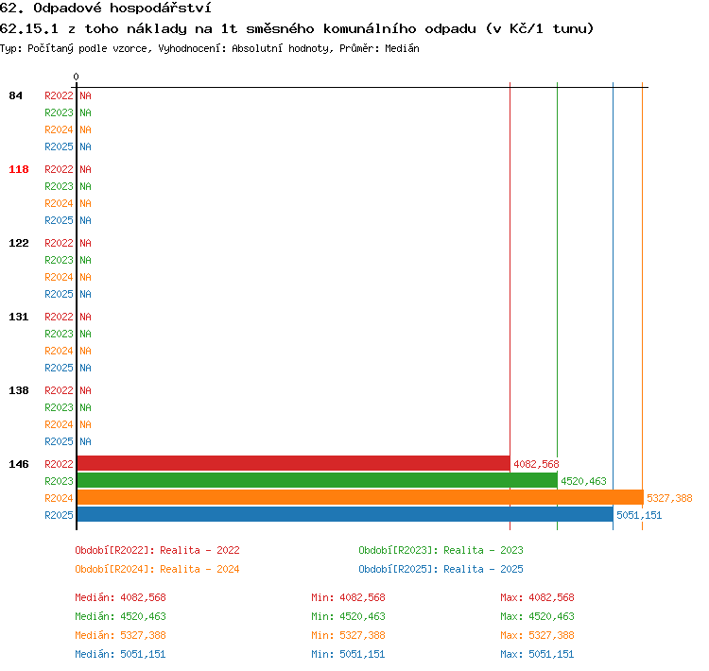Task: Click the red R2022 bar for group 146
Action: tap(293, 463)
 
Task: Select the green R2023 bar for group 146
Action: tap(317, 481)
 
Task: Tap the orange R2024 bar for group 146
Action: tap(360, 497)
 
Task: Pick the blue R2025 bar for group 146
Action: tap(345, 514)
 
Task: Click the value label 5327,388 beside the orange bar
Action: tap(669, 498)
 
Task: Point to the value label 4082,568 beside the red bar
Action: tap(536, 464)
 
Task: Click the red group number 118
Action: tap(19, 169)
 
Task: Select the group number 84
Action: tap(15, 95)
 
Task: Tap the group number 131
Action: tap(19, 317)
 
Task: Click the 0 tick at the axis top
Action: tap(76, 77)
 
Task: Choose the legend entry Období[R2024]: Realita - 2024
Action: tap(157, 569)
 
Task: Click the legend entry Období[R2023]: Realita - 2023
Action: tap(441, 550)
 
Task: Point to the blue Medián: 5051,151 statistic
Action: tap(120, 654)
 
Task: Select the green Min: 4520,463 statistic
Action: tap(348, 616)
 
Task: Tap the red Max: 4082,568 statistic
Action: tap(537, 597)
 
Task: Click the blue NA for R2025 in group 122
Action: tap(85, 294)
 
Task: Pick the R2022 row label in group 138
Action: tap(59, 390)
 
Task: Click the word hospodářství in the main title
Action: tap(160, 9)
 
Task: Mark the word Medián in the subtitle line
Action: tap(402, 48)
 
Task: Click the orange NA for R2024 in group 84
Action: tap(85, 129)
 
